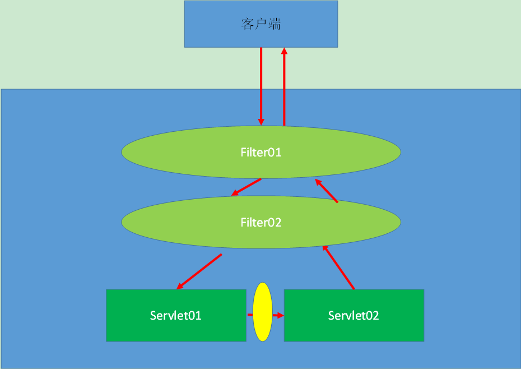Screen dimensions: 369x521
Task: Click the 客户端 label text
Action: pyautogui.click(x=261, y=24)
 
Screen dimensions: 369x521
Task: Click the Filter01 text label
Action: pyautogui.click(x=261, y=152)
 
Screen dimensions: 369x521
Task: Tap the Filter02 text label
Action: pyautogui.click(x=261, y=223)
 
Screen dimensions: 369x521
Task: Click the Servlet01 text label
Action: pyautogui.click(x=176, y=315)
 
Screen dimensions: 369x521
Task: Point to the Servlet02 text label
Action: pyautogui.click(x=353, y=315)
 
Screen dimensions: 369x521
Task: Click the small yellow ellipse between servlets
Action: pyautogui.click(x=262, y=312)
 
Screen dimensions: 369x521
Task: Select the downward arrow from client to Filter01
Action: pyautogui.click(x=261, y=84)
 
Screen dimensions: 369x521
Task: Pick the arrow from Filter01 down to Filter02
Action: pyautogui.click(x=247, y=187)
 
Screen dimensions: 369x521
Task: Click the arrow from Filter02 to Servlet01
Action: pyautogui.click(x=199, y=271)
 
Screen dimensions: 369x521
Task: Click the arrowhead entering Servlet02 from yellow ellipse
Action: pyautogui.click(x=281, y=315)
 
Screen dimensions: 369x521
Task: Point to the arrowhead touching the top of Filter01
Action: pyautogui.click(x=261, y=122)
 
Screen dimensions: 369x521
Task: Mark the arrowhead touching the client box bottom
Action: pyautogui.click(x=284, y=51)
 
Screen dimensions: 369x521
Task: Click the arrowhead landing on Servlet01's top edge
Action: pyautogui.click(x=180, y=287)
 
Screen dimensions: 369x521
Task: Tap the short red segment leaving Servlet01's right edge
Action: pyautogui.click(x=249, y=315)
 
